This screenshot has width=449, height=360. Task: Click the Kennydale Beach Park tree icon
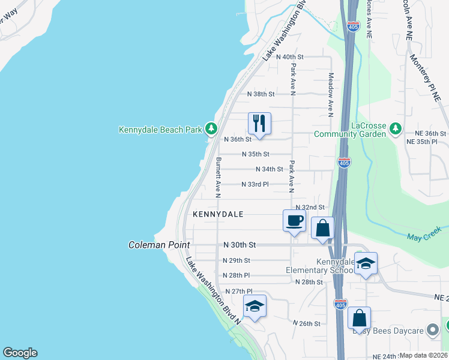click(x=211, y=129)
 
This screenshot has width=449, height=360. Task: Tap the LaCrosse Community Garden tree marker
click(x=395, y=128)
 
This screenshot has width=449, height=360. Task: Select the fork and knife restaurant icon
click(x=259, y=124)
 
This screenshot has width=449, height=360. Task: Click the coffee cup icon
click(x=294, y=220)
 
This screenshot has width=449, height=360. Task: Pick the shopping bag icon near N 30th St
click(x=322, y=228)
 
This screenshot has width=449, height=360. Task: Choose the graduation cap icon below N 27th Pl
click(x=255, y=307)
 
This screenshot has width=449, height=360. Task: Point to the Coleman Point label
click(x=159, y=245)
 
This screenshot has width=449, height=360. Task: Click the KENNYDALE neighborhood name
click(x=218, y=214)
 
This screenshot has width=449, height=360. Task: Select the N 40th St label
click(x=289, y=56)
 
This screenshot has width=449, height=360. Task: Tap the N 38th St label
click(x=261, y=94)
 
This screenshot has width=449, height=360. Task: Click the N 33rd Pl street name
click(x=255, y=184)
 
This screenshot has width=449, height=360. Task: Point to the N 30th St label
click(x=240, y=245)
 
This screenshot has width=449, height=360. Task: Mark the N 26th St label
click(x=307, y=323)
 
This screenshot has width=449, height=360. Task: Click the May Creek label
click(x=424, y=233)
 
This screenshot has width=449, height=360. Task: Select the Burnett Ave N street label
click(x=218, y=178)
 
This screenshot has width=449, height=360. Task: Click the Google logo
click(x=20, y=353)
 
